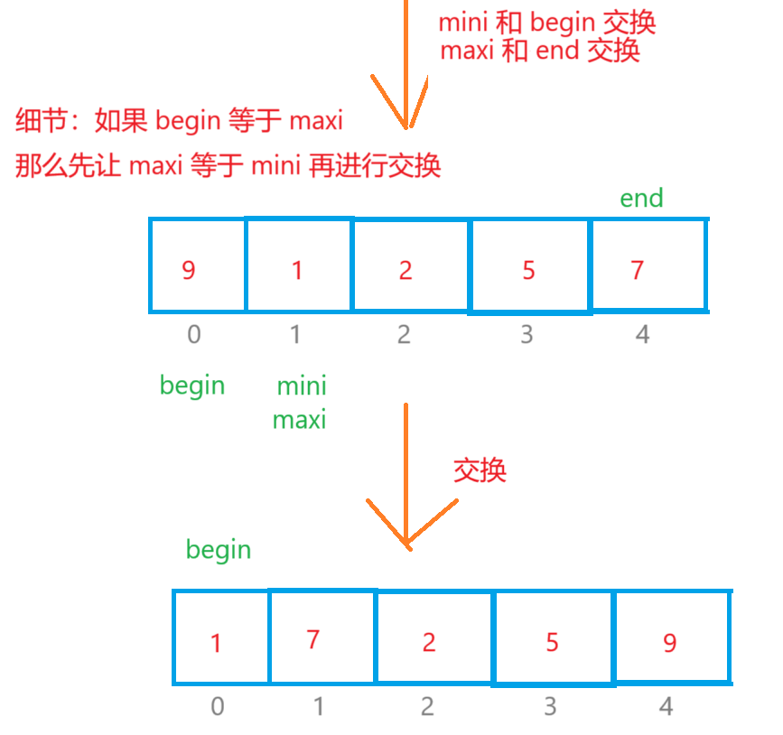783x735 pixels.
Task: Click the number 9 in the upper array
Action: (188, 270)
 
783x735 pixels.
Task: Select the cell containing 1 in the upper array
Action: (298, 265)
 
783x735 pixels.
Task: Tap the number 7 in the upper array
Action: (638, 270)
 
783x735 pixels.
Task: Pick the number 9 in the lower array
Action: (669, 642)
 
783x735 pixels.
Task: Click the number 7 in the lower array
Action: (313, 640)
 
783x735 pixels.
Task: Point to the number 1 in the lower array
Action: (216, 644)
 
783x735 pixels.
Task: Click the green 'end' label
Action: (641, 199)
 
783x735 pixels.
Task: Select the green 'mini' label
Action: (302, 387)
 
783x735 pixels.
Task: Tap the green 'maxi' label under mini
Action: (299, 420)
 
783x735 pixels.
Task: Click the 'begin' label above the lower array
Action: (219, 550)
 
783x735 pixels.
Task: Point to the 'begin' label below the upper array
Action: (192, 386)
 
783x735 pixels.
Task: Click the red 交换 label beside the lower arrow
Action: (480, 470)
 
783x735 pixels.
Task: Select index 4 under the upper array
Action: (642, 335)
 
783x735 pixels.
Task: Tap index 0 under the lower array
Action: (217, 706)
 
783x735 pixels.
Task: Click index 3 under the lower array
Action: (550, 706)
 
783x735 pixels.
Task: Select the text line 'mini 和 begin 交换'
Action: (546, 23)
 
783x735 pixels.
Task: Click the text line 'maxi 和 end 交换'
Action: (540, 51)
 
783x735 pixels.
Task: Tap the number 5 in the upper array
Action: (528, 270)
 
